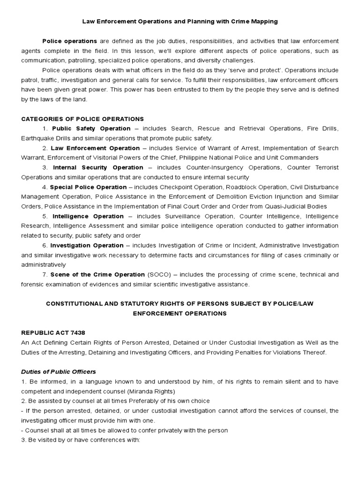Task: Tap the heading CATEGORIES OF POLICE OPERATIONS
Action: point(82,119)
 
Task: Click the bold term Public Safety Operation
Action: point(91,128)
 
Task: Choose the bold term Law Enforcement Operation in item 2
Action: point(95,148)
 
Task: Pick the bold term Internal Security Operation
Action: point(98,167)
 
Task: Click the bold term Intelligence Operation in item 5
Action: point(88,216)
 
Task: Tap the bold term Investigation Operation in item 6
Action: point(87,245)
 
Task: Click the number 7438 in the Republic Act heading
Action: point(77,332)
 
